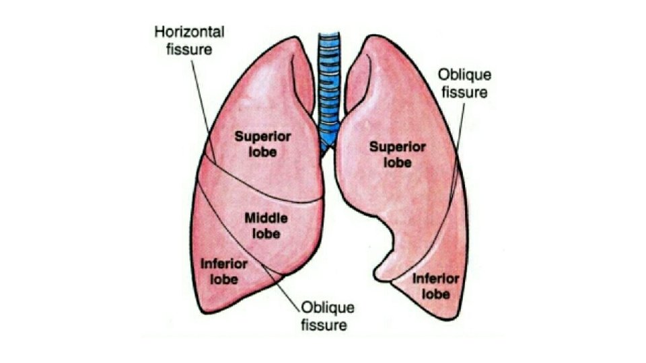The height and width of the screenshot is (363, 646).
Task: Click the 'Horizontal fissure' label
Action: [190, 40]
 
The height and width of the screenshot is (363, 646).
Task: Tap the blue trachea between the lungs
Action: [329, 81]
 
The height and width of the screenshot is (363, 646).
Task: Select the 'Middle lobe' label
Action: [266, 225]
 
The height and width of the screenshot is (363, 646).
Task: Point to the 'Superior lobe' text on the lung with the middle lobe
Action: [262, 143]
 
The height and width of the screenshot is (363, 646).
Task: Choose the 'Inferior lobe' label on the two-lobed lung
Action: [435, 286]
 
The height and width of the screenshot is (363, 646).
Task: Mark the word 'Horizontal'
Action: [190, 32]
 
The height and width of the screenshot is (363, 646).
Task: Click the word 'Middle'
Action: [266, 218]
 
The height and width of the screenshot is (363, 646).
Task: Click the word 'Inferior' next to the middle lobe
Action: [223, 264]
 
